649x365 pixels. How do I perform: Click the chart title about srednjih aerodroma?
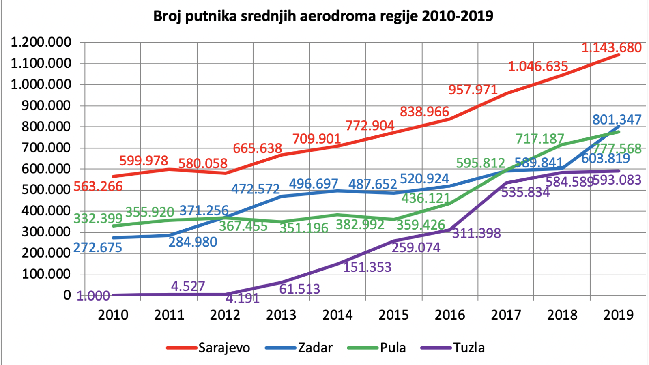tap(323, 16)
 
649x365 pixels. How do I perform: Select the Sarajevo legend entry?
tap(208, 348)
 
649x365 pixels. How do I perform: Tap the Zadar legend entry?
tap(299, 348)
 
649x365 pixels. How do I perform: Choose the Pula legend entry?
tap(376, 348)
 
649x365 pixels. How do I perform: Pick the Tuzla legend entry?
tap(453, 348)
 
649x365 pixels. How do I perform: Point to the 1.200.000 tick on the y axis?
tap(41, 42)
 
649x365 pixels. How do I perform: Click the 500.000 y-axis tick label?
tap(46, 190)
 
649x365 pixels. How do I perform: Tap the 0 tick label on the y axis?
tap(67, 295)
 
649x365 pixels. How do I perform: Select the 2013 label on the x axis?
tap(281, 315)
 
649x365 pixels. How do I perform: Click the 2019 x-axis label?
tap(618, 315)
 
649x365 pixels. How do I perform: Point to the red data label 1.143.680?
tap(612, 47)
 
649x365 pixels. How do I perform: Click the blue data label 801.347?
tap(617, 119)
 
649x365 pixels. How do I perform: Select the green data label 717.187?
tap(540, 139)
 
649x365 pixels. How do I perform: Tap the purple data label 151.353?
tap(367, 267)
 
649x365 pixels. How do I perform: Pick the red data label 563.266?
tap(98, 186)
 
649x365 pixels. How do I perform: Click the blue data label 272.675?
tap(98, 247)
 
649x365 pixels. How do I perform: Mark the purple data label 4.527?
tap(188, 286)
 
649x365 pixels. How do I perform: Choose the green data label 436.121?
tap(426, 198)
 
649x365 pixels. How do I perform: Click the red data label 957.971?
tap(473, 90)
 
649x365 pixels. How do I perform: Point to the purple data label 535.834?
tap(525, 192)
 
